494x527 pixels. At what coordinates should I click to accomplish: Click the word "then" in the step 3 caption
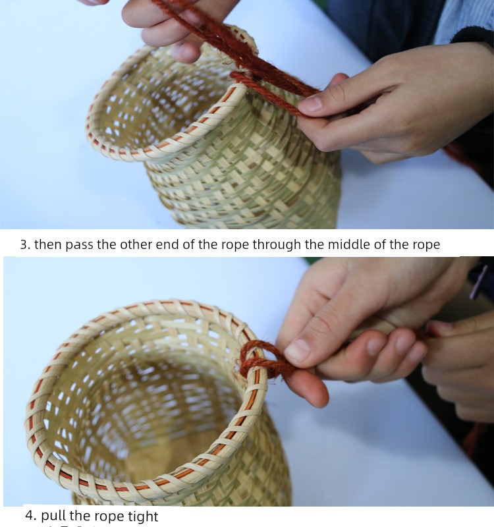point(48,244)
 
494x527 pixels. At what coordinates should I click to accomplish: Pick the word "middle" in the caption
point(348,244)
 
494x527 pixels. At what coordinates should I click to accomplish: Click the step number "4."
point(31,515)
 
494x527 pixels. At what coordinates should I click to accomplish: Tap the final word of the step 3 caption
point(426,245)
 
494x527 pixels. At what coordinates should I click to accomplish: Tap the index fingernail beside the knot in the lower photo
point(298,350)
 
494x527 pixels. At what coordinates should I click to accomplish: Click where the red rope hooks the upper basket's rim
point(242,78)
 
